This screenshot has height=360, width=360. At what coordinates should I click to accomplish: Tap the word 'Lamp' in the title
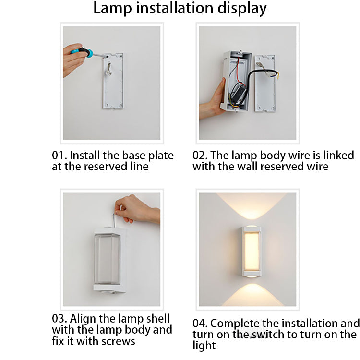[112, 8]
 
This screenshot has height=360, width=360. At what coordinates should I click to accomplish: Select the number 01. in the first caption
[59, 156]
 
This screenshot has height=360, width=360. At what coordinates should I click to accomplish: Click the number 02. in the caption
[200, 156]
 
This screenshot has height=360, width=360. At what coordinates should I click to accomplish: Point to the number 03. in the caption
[59, 319]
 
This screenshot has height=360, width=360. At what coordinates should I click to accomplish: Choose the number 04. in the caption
[200, 324]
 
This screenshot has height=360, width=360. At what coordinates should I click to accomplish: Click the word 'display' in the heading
[242, 9]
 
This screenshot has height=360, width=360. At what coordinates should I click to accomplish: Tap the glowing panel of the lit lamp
[252, 251]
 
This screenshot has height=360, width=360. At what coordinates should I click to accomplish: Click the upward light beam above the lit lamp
[252, 205]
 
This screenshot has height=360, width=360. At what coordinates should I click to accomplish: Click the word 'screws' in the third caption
[118, 341]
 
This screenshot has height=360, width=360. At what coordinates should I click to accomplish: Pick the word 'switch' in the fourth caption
[268, 335]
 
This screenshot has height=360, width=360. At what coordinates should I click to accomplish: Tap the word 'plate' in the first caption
[161, 156]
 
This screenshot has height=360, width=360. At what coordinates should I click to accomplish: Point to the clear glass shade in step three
[107, 259]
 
